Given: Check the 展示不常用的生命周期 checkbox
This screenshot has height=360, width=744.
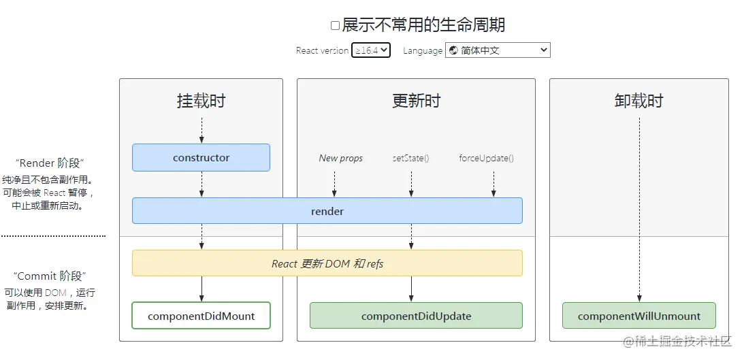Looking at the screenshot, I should tap(335, 26).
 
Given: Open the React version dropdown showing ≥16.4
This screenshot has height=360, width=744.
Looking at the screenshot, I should tap(371, 50).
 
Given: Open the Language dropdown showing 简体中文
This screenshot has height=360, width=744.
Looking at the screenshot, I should tap(498, 50).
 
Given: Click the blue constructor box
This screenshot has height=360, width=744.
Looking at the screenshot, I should tap(201, 157).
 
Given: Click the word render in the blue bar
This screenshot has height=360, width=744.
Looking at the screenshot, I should tap(327, 211).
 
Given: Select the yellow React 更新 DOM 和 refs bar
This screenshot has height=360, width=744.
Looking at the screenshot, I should tap(327, 263).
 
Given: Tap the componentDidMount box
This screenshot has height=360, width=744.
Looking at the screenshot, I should tap(201, 316).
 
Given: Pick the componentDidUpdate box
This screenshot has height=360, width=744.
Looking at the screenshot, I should tap(416, 316).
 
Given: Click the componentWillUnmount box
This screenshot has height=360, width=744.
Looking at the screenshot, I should tap(638, 316).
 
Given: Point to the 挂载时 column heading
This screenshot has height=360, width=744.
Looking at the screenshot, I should tap(201, 101).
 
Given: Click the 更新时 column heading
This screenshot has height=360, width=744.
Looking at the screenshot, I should tap(416, 101).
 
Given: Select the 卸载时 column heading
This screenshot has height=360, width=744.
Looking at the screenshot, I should tap(638, 101).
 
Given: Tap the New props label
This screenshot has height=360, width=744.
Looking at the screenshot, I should tap(340, 158).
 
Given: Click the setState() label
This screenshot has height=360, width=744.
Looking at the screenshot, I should tap(410, 158).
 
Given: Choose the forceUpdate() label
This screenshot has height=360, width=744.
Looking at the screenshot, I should tap(486, 158).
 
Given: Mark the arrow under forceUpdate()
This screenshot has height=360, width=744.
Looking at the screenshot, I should tap(494, 184).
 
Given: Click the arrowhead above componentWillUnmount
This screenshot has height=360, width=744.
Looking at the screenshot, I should tap(639, 298).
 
